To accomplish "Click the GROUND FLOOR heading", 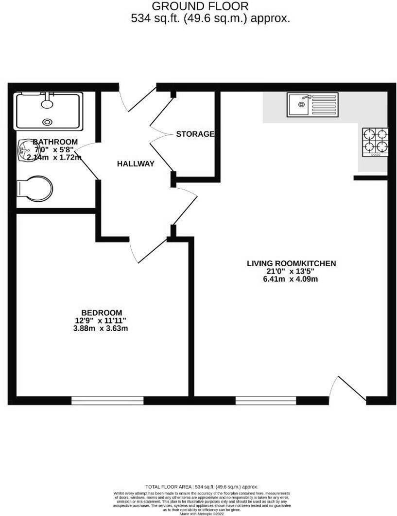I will point(200,6).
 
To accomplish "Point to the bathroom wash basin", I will point(24,150).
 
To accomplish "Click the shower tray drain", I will point(47,122).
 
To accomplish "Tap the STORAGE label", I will point(195,134).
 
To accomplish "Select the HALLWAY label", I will point(136,164).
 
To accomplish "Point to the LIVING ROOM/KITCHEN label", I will point(292,264).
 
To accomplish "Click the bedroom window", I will point(107,400).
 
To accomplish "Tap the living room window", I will point(266,400).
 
